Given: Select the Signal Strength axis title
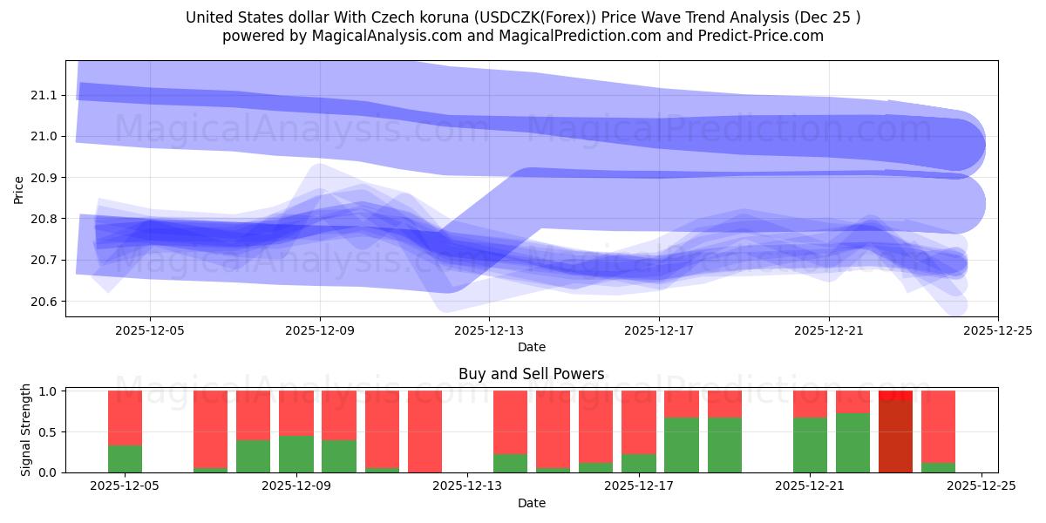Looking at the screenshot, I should (26, 430).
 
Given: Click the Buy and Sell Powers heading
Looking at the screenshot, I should (531, 374).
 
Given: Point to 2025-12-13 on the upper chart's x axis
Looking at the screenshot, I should (489, 330).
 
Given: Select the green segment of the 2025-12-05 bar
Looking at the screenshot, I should (125, 458).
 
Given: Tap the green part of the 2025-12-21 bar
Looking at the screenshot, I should (810, 445).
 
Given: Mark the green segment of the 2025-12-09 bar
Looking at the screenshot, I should (296, 453).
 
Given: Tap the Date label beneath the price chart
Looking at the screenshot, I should (531, 347).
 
